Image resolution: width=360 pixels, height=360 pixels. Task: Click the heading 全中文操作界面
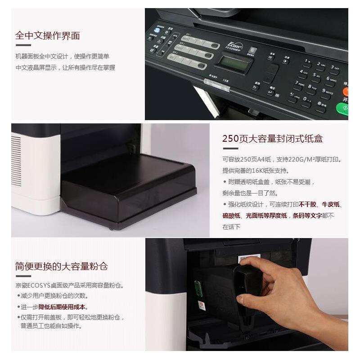pos(48,36)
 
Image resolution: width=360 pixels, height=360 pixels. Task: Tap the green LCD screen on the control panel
pos(233,63)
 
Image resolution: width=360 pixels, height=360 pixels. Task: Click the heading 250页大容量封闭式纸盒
pos(272,139)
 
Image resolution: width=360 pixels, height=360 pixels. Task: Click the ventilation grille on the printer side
pos(16,155)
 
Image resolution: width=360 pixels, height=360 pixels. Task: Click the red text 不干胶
pos(308,204)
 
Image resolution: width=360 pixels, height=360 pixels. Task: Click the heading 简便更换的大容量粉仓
pos(61,266)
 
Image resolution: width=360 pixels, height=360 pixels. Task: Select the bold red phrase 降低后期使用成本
pos(63,307)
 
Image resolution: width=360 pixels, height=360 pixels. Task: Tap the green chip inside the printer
pos(197,288)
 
